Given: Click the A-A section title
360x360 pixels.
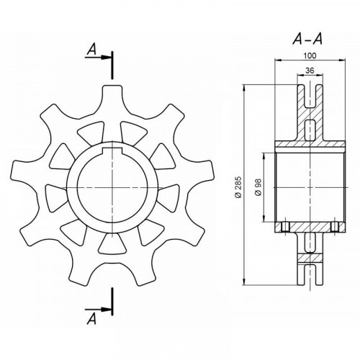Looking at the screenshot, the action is [307, 39].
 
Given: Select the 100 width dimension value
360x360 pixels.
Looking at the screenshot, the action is [310, 55].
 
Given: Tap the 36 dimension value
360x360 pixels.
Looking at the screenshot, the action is [310, 71].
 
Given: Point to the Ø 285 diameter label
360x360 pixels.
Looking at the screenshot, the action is [238, 187].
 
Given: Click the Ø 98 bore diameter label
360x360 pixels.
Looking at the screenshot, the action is [258, 187].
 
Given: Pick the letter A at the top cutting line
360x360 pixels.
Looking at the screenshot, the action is [91, 50].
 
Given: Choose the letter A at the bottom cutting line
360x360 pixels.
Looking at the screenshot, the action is [91, 319].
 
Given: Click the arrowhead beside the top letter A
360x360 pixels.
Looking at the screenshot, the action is [105, 58].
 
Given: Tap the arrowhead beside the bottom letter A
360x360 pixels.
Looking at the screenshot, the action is [105, 310].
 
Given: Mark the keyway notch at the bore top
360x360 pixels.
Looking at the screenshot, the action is [112, 150].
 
